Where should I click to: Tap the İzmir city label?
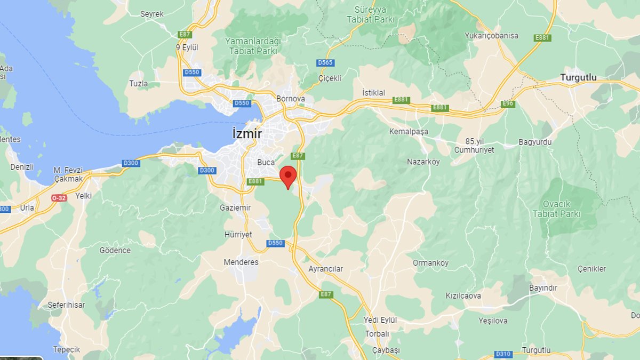247,134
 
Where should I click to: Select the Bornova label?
291,99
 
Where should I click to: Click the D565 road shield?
325,63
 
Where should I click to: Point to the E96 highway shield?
508,103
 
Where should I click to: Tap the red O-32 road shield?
59,198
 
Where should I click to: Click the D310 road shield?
503,354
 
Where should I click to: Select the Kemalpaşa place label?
409,132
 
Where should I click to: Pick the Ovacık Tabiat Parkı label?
556,209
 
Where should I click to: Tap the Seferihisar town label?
66,305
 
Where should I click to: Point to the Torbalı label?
377,334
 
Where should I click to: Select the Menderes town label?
241,262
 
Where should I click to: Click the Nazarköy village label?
423,162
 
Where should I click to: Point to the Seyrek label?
152,14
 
